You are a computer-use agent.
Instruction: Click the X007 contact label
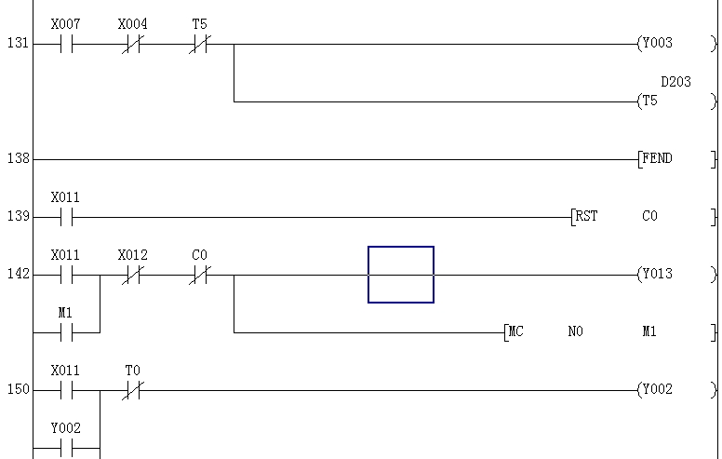pos(65,24)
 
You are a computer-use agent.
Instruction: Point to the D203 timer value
pos(675,82)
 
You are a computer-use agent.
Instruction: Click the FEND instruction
pos(658,159)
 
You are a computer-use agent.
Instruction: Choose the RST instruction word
pos(587,217)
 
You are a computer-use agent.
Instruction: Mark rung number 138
pos(18,159)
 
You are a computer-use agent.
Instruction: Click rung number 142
pos(18,275)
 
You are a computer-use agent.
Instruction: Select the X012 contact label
pos(132,255)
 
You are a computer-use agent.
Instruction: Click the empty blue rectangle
pos(401,275)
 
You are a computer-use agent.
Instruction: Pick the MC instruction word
pos(515,331)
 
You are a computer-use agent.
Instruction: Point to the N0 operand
pos(575,331)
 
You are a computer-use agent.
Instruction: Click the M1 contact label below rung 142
pos(65,313)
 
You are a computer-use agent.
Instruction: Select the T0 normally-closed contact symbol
pos(132,390)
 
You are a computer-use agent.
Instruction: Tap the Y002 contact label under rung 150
pos(65,428)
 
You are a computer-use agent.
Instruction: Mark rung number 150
pos(18,390)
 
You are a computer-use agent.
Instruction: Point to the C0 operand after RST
pos(649,217)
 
